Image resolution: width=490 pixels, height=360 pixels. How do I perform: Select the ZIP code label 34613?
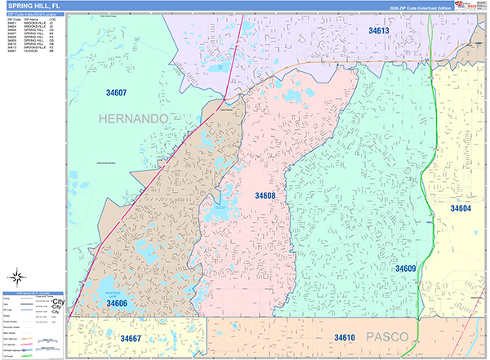[378, 30]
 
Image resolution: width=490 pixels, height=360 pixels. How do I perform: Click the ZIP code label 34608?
[265, 196]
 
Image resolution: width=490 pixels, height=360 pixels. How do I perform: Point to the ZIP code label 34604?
[461, 209]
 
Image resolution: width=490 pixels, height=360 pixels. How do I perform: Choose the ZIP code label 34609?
[406, 269]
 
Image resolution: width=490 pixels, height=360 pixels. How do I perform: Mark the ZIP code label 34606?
[117, 303]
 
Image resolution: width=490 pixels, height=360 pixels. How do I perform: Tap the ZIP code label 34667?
[131, 338]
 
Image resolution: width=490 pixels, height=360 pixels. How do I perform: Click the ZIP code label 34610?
[344, 337]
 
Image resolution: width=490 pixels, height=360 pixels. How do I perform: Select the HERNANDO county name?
[133, 119]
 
